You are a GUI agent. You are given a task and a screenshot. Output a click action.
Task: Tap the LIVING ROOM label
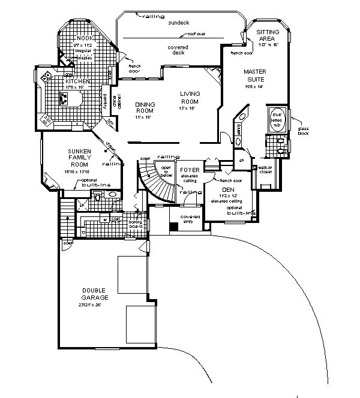click(190, 98)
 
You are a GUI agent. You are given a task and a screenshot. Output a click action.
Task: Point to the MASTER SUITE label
click(254, 76)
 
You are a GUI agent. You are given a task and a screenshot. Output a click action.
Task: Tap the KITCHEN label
click(78, 82)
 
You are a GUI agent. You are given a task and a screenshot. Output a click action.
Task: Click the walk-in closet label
click(265, 170)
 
